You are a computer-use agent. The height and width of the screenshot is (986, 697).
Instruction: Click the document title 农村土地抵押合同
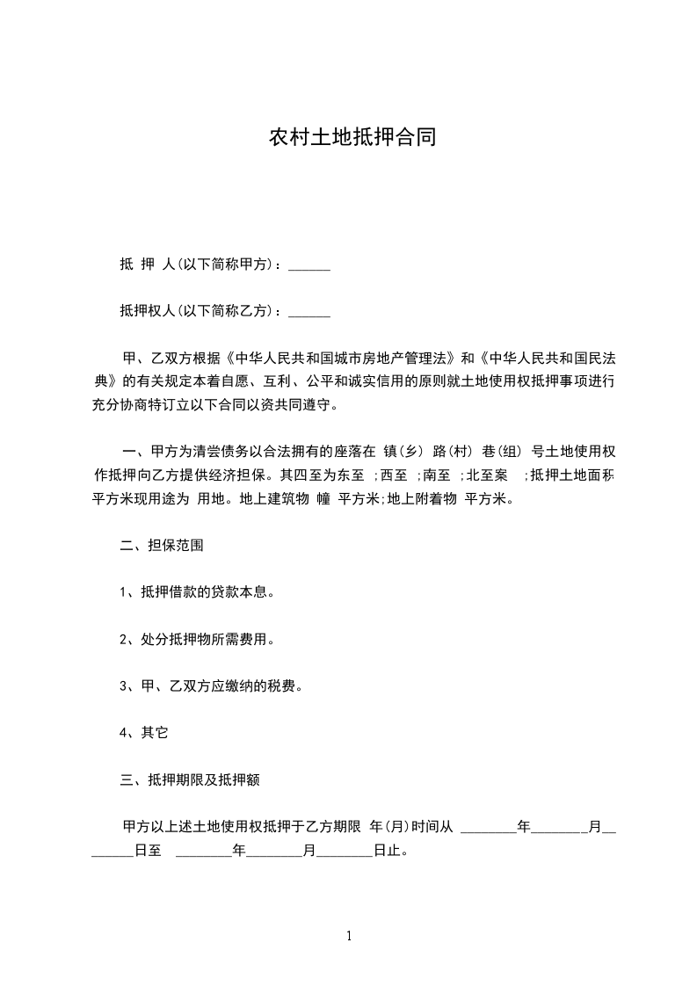pos(352,139)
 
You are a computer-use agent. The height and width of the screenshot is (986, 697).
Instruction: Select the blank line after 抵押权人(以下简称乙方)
pos(309,311)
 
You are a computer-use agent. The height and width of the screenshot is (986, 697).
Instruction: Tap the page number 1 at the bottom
pos(349,936)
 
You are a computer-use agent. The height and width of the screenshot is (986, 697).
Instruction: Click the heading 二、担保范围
pos(162,545)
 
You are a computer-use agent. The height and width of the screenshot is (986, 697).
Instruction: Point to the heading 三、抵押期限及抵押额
pos(188,779)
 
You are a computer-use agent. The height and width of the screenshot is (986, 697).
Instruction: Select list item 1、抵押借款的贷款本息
pos(198,592)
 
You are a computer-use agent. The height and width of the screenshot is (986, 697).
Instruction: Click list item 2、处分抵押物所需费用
pos(198,639)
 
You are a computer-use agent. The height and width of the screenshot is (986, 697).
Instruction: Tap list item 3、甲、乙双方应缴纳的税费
pos(211,685)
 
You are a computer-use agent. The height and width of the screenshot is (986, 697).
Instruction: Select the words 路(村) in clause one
pos(455,453)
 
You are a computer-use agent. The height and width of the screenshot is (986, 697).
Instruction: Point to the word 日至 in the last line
pos(148,852)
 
